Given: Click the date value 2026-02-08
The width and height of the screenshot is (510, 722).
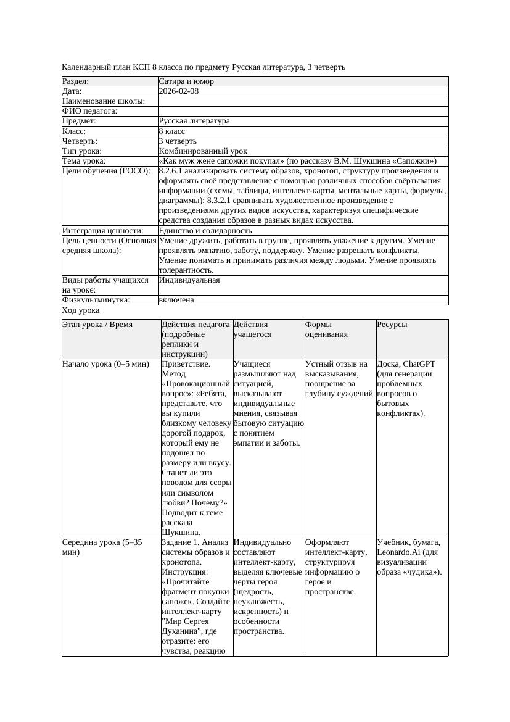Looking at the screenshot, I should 179,91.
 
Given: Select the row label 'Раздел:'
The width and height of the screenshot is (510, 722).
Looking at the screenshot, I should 76,81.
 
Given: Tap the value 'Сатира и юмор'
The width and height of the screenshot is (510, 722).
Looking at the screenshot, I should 186,81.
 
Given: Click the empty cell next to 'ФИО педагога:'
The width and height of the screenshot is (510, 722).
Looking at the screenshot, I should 303,111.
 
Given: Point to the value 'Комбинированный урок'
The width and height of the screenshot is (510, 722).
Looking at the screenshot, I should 203,151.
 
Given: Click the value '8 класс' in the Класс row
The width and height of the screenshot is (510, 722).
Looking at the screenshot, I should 172,131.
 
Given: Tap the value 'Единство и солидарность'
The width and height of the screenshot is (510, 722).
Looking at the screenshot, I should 200,231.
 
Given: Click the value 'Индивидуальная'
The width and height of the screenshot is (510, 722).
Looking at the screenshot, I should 189,280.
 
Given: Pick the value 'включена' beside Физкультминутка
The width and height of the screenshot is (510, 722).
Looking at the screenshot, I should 176,300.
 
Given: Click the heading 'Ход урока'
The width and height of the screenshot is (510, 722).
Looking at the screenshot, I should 81,310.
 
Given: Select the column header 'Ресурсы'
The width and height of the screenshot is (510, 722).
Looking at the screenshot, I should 392,325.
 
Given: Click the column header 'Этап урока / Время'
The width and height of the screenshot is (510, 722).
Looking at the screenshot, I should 97,325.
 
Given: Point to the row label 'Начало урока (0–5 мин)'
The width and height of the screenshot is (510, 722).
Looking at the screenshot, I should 105,364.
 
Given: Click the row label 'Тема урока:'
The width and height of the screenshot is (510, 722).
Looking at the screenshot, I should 84,161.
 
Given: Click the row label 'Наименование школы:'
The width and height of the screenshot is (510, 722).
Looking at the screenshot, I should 104,101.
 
